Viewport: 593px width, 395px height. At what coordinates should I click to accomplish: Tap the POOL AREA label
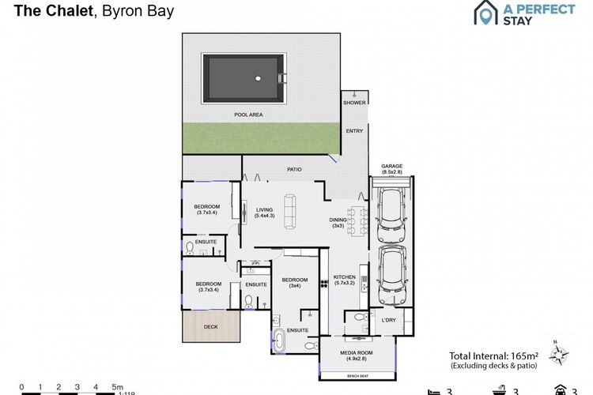tap(247, 115)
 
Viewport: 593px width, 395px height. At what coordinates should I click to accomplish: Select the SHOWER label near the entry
tap(353, 103)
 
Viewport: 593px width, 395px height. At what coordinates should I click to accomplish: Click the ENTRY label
tap(353, 131)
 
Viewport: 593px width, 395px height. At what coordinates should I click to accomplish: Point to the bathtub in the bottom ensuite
tap(281, 341)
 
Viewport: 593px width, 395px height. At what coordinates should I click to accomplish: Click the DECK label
tap(210, 326)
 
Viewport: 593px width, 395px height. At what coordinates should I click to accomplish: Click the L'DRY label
tap(388, 320)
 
